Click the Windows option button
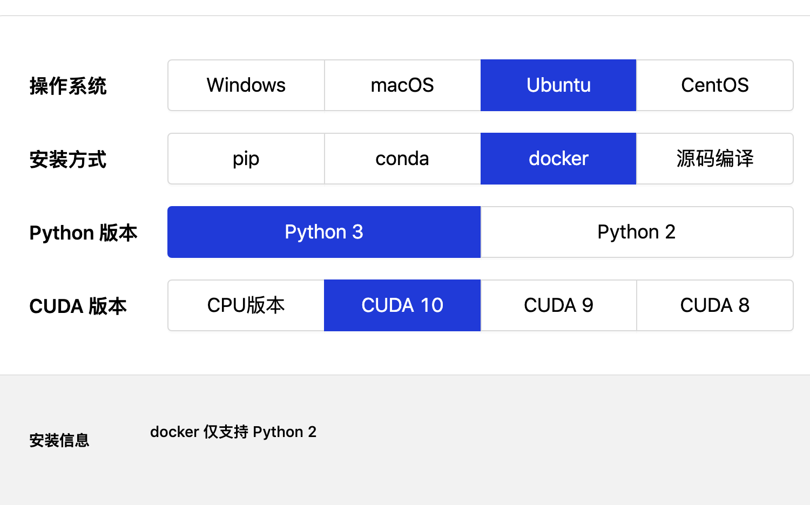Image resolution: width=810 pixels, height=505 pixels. (x=246, y=85)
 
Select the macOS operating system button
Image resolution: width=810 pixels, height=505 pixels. (x=402, y=85)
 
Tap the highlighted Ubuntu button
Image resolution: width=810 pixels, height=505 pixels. (x=558, y=85)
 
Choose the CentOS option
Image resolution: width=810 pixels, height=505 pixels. (x=715, y=85)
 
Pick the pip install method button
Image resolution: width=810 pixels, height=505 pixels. (x=246, y=159)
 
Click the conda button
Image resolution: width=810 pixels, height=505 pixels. (x=402, y=159)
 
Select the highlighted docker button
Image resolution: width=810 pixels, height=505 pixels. (x=558, y=159)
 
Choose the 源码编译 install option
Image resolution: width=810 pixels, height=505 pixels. (x=715, y=159)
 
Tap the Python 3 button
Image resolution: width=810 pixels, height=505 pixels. (x=324, y=232)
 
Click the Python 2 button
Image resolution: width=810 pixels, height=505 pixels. (x=637, y=232)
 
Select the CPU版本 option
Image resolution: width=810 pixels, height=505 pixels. (x=246, y=305)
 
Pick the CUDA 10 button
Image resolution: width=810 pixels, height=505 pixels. (x=402, y=305)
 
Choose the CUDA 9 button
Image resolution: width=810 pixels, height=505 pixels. (x=558, y=305)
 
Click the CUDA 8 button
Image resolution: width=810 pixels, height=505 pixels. (x=715, y=305)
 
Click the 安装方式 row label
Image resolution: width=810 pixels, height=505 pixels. (x=68, y=160)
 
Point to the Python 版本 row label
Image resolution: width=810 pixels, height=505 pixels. (x=83, y=233)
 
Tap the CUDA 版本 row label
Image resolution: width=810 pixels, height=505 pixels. (x=78, y=306)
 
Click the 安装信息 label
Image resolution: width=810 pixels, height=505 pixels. (x=59, y=440)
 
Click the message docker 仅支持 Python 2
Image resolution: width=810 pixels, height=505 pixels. (x=233, y=432)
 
